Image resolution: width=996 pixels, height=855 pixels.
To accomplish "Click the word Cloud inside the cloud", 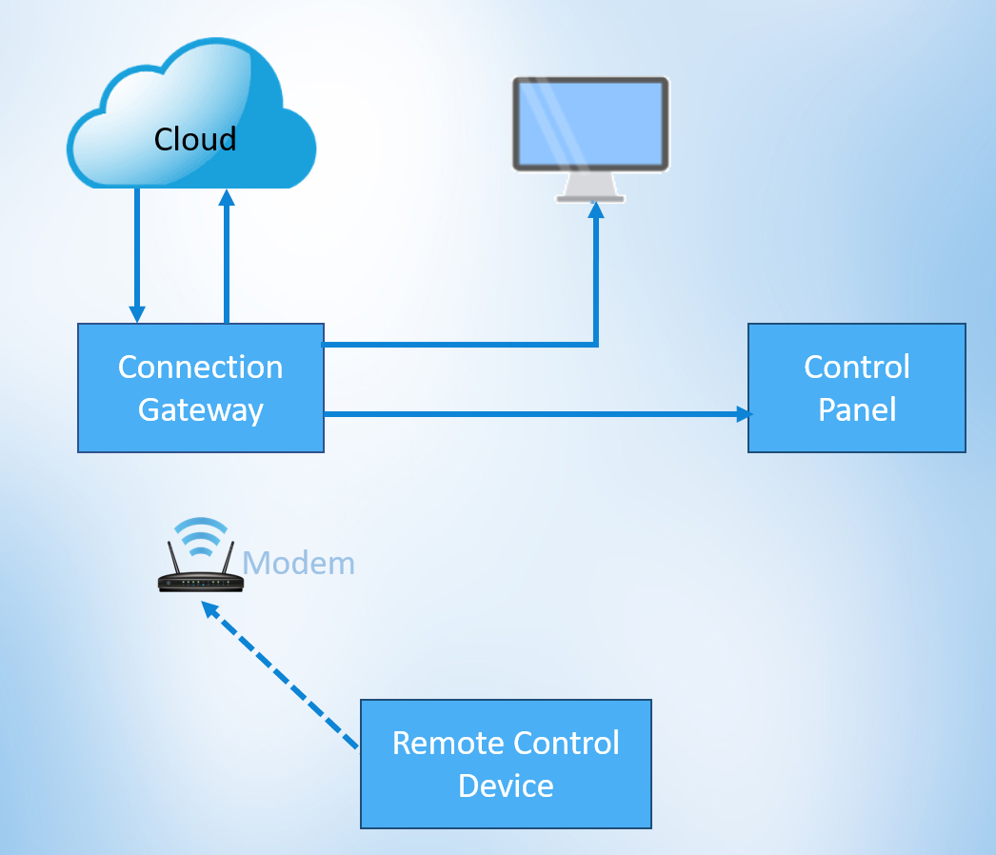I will (x=195, y=140).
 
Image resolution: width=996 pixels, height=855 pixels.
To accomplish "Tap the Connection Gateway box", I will (x=200, y=388).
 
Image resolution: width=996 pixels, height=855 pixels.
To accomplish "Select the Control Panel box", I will (x=856, y=388).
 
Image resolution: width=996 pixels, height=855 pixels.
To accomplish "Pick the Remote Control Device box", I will (x=506, y=764).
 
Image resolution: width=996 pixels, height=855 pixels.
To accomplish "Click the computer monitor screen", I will (x=590, y=124).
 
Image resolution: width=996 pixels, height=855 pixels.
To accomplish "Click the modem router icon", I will (x=200, y=580).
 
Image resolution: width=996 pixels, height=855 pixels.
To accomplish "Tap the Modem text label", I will (x=298, y=564).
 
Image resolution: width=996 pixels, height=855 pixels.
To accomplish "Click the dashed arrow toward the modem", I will (x=281, y=676).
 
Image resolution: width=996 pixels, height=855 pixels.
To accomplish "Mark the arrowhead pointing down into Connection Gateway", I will (x=137, y=314).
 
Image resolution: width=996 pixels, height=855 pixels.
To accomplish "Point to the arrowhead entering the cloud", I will (x=227, y=197).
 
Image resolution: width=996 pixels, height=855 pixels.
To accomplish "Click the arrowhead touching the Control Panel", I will (x=743, y=414).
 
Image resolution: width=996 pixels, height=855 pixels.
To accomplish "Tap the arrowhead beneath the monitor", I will (x=596, y=209).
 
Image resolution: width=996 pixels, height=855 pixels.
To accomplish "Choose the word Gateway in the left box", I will (x=200, y=409).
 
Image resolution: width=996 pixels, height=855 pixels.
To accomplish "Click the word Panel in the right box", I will (x=857, y=409).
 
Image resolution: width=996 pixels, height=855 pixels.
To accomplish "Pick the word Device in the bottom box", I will (x=506, y=785).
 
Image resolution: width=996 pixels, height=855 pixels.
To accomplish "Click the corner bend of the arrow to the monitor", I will (x=596, y=344).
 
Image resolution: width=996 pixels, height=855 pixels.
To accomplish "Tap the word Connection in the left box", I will (x=200, y=368).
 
